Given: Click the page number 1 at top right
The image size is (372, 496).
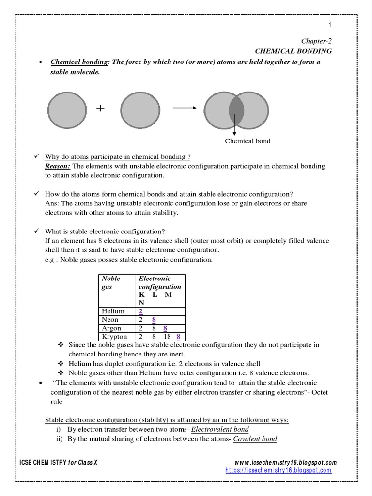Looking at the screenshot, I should [330, 25].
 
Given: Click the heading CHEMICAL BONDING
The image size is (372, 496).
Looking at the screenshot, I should [294, 51].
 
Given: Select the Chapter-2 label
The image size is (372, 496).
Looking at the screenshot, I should [317, 41].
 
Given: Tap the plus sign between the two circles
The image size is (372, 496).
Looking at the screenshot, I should [100, 108].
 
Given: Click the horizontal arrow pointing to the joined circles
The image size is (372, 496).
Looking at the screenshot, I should [184, 108].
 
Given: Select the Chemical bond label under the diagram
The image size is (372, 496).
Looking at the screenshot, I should [248, 141].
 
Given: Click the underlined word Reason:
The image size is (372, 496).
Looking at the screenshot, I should [57, 166].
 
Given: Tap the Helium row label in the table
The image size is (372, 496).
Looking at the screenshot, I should [113, 311].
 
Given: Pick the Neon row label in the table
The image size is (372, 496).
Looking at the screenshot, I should [110, 320].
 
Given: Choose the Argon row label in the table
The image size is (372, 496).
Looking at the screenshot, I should [111, 328].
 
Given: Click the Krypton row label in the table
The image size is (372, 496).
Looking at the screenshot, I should [114, 337].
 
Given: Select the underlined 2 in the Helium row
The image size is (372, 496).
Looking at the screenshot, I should [140, 311].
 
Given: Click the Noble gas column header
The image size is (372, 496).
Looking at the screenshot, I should [110, 282].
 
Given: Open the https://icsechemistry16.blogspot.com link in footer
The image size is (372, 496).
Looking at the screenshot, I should [279, 470].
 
